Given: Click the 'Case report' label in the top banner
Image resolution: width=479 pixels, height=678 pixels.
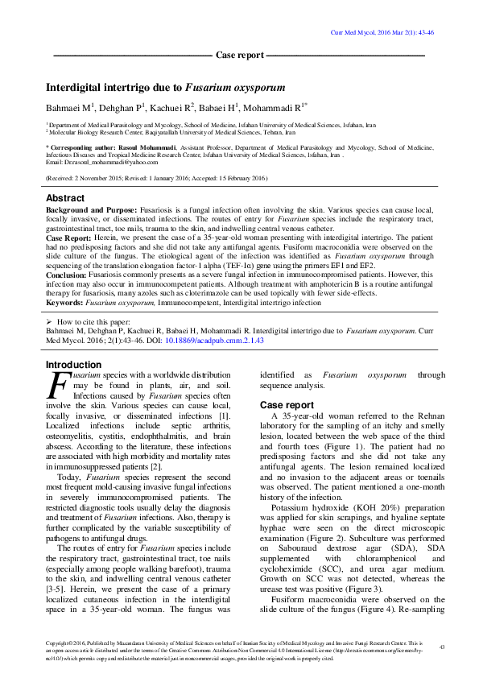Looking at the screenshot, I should [x=240, y=56].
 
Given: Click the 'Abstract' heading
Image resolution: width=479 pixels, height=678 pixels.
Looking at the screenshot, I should [x=64, y=198].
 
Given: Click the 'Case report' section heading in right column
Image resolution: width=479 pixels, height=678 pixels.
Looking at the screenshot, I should [x=287, y=404].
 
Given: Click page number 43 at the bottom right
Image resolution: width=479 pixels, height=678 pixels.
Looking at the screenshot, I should [x=441, y=647].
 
